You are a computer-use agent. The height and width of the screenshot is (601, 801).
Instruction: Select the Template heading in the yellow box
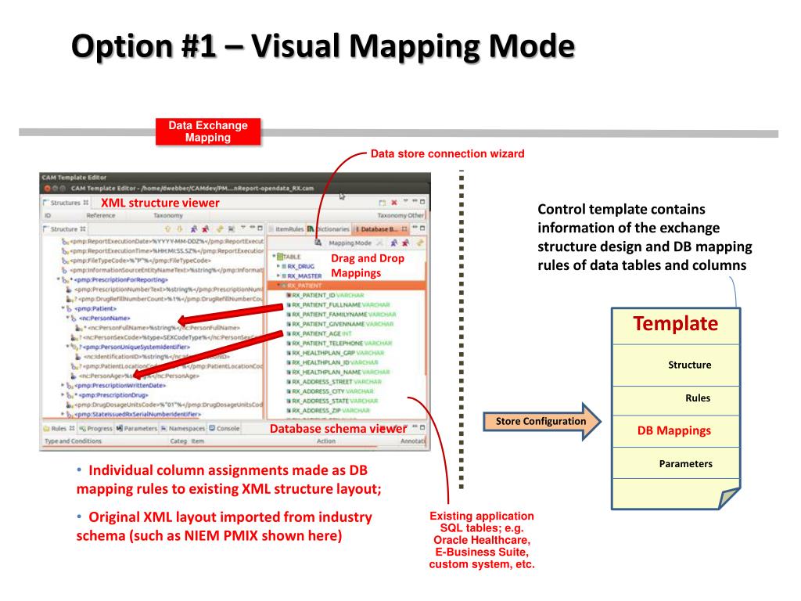675,324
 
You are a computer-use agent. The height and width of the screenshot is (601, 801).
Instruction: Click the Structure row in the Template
689,365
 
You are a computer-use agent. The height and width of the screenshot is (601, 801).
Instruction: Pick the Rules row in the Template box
697,398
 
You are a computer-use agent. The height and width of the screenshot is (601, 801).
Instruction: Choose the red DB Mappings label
673,430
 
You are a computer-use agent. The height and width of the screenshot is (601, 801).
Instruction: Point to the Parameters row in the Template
685,464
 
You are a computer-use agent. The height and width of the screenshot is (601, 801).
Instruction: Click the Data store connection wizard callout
447,153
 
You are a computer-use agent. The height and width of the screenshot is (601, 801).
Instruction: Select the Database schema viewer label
338,429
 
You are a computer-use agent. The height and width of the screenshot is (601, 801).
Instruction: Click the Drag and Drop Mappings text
356,265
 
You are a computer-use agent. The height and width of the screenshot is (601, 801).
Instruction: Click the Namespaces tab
183,429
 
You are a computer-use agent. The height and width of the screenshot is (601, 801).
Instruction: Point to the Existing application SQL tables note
482,540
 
